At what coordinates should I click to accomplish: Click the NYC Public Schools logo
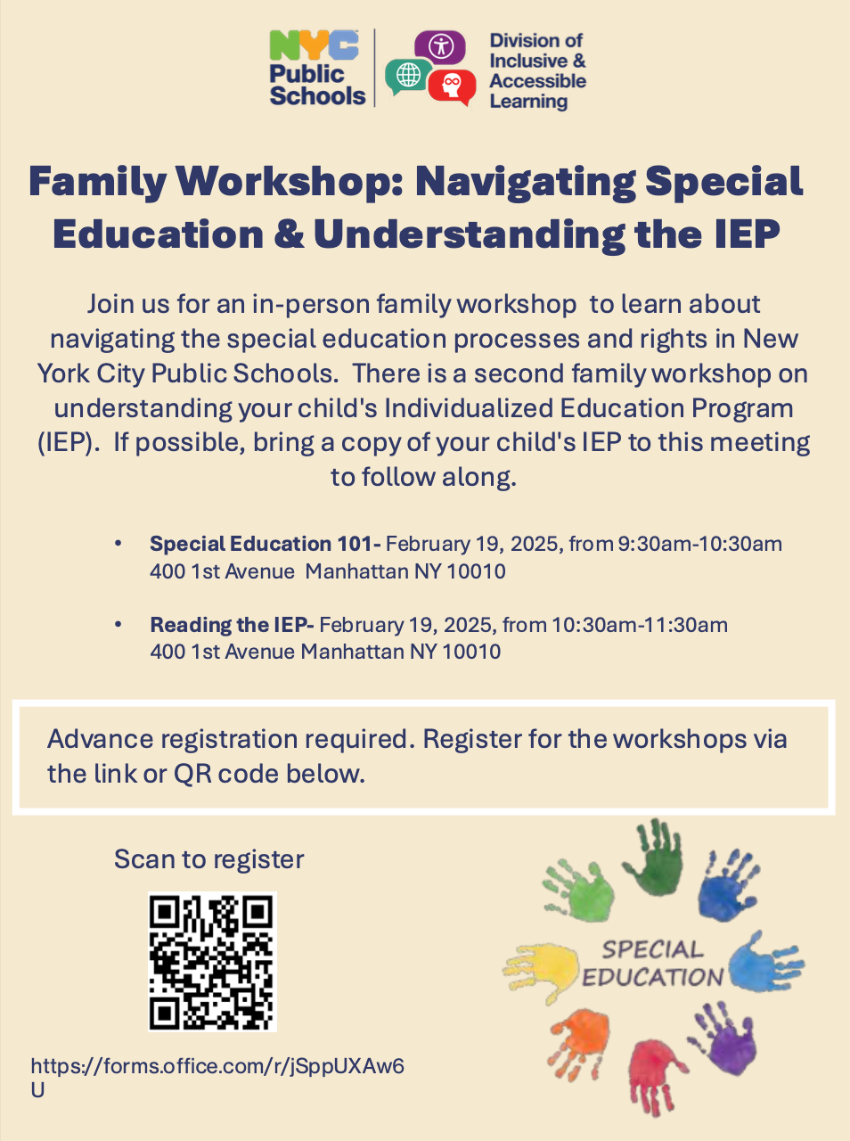coord(317,70)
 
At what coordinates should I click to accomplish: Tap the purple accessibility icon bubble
coord(440,46)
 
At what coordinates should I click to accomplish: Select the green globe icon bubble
coord(407,77)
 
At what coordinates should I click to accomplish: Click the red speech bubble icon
coord(453,86)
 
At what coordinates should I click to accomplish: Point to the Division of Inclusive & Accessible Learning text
coord(537,70)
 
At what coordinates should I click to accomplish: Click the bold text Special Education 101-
coord(265,544)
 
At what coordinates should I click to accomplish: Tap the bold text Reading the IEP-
coord(232,625)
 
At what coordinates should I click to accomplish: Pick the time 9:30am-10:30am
coord(700,544)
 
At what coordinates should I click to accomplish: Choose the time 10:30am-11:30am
coord(640,625)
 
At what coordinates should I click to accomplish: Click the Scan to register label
coord(208,859)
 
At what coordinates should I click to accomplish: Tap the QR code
coord(212,962)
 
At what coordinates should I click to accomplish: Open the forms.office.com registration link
coord(217,1067)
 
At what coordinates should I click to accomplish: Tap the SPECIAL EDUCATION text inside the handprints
coord(652,964)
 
